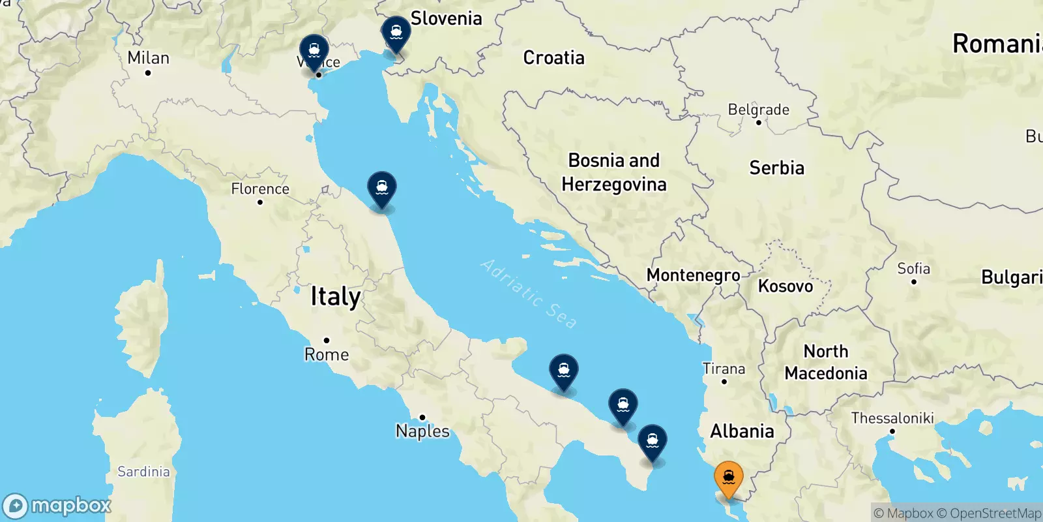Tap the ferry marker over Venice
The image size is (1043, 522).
tap(314, 51)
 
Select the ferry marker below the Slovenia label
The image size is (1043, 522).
tap(396, 33)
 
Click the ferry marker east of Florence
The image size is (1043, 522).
tap(382, 189)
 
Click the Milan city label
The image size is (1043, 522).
tap(148, 58)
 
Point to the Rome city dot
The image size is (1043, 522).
tap(327, 340)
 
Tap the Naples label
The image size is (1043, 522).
tap(422, 431)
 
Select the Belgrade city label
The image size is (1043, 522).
tap(758, 110)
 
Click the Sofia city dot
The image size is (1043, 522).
tap(914, 282)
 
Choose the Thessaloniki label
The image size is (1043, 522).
tap(892, 418)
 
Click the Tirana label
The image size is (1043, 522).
tap(724, 369)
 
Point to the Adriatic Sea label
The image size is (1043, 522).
tap(529, 294)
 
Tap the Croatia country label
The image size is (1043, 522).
tap(553, 58)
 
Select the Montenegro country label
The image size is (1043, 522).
tap(693, 275)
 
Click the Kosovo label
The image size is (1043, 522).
tap(786, 286)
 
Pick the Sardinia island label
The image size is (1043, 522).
tap(143, 472)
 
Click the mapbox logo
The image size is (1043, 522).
tap(57, 506)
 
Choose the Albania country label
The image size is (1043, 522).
tap(742, 431)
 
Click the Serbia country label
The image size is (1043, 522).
tap(776, 168)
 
